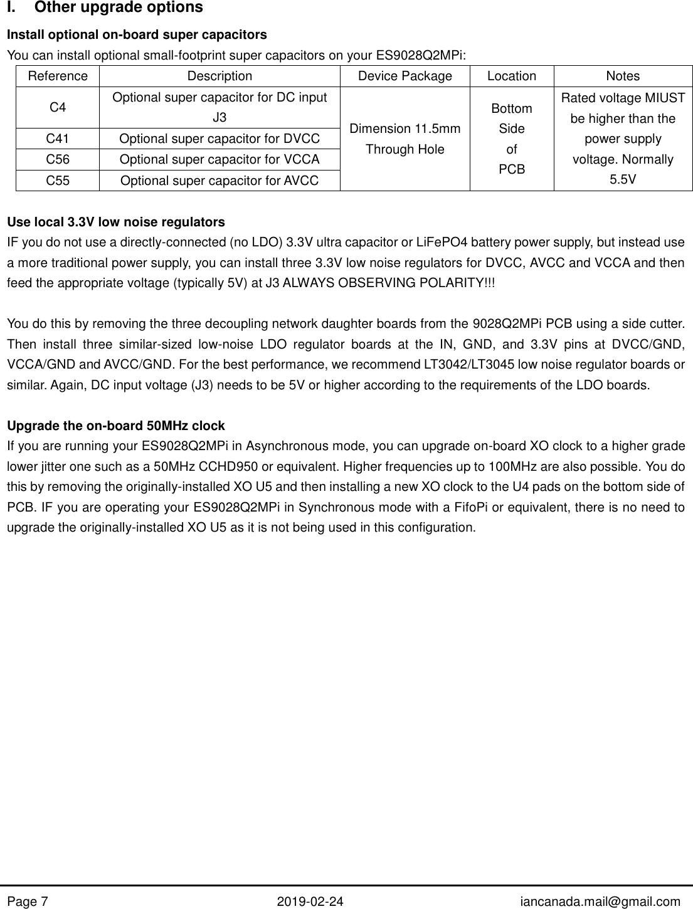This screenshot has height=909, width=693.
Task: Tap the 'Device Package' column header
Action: [405, 76]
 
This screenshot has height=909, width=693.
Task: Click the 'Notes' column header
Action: [623, 76]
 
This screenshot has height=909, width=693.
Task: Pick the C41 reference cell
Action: [58, 139]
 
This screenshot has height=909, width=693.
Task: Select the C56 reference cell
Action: [58, 159]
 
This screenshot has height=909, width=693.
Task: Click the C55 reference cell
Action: [58, 181]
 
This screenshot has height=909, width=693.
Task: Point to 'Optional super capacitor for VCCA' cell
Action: [219, 159]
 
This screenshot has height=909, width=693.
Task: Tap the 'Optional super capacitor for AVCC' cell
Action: [219, 181]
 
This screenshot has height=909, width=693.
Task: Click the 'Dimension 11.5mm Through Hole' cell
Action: [405, 139]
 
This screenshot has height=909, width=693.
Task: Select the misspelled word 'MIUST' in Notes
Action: [667, 98]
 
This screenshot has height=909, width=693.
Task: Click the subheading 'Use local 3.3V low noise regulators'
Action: [115, 222]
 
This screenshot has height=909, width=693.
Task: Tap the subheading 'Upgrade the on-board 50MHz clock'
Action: [115, 426]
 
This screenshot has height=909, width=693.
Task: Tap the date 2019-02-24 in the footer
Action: [310, 901]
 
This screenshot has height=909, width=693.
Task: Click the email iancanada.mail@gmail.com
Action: [601, 901]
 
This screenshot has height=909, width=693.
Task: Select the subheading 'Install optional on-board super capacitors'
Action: [136, 34]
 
